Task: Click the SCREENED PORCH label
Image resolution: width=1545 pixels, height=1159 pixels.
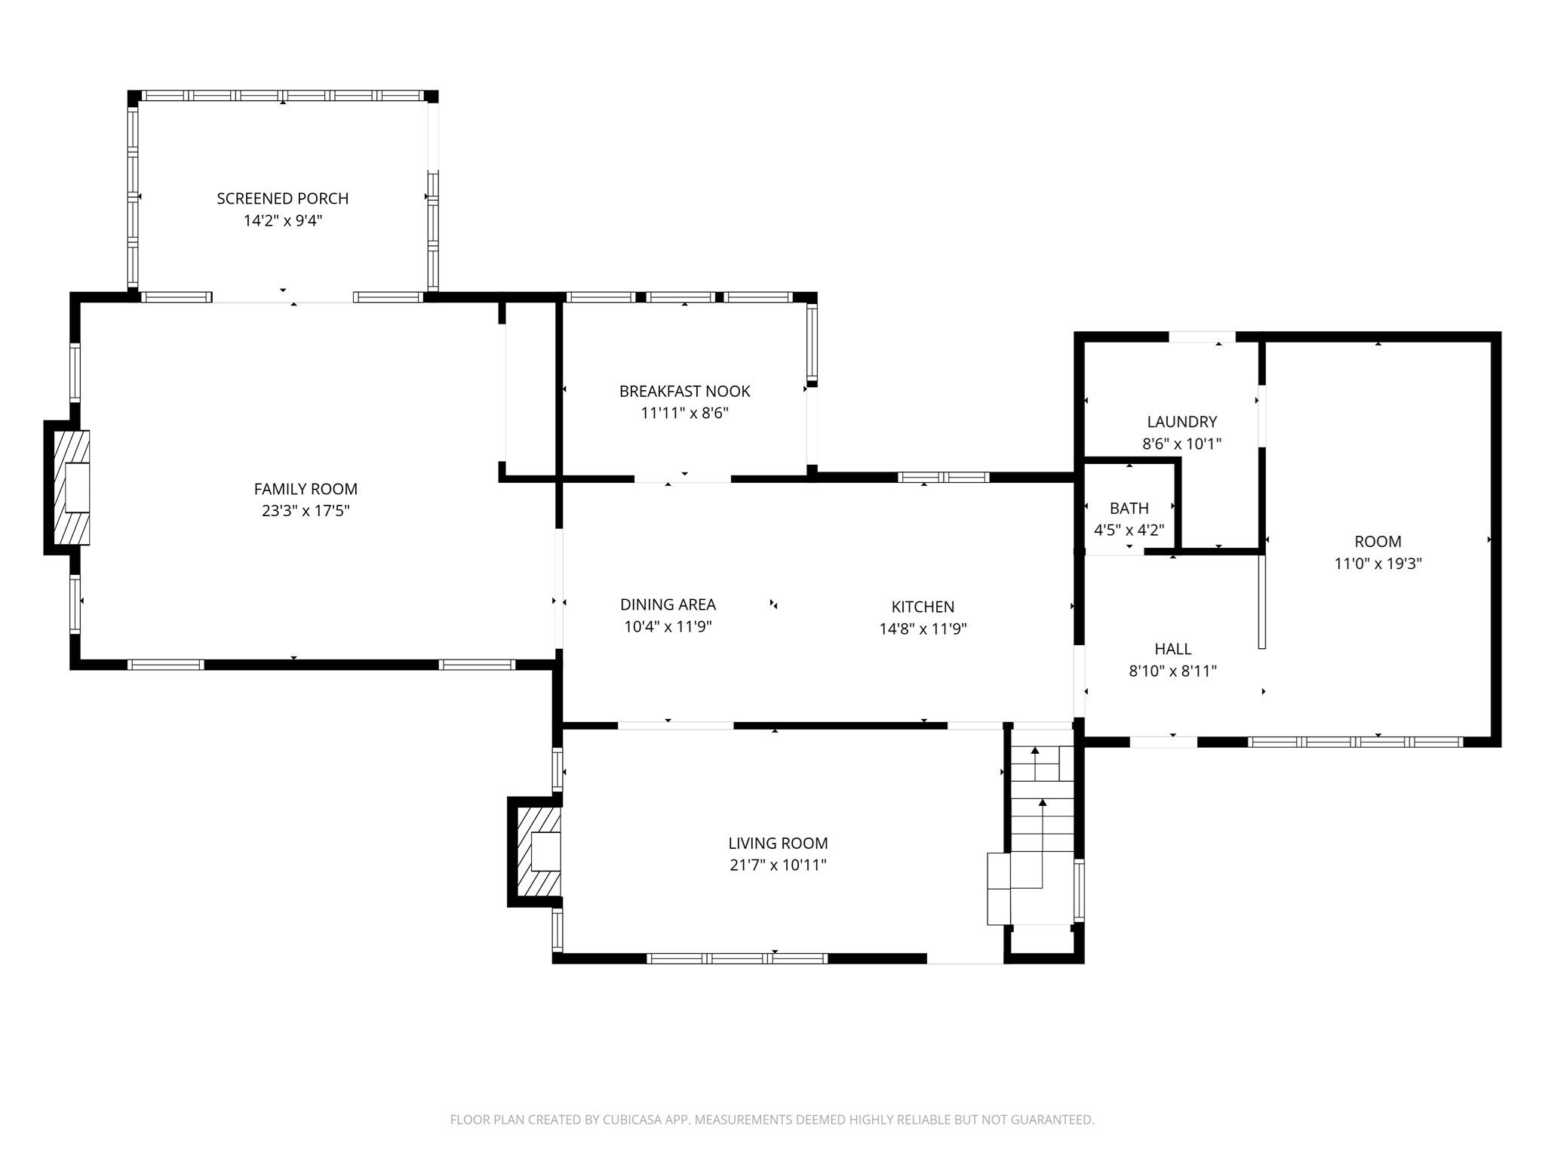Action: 282,198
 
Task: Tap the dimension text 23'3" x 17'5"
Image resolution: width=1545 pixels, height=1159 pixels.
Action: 306,511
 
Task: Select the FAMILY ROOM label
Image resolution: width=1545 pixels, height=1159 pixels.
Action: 306,489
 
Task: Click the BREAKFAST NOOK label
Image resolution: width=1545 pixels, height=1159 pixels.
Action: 684,391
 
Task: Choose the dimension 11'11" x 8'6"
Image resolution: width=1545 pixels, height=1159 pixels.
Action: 684,413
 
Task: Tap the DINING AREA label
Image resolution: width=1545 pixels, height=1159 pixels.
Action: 668,604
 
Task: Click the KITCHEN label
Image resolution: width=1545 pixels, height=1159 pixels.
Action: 923,607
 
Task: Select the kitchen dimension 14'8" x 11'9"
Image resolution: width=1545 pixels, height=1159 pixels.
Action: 923,629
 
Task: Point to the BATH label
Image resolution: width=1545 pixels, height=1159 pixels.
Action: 1129,509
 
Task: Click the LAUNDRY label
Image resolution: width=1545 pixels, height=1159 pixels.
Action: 1181,422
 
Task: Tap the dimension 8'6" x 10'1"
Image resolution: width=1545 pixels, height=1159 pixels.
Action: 1181,444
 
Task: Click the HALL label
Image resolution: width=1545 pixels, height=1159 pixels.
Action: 1172,649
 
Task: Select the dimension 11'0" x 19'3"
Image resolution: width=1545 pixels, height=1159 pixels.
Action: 1378,563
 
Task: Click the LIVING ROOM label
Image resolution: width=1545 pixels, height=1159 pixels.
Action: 778,843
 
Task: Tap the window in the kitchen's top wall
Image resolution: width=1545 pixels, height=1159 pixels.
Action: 943,477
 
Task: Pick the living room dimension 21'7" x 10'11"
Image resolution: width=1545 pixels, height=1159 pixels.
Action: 778,865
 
